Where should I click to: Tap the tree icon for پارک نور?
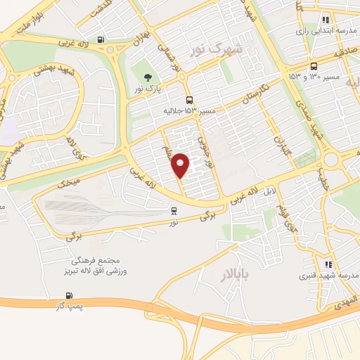pyautogui.click(x=148, y=77)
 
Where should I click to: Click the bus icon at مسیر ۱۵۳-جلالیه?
pyautogui.click(x=188, y=101)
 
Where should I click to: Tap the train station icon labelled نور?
pyautogui.click(x=174, y=210)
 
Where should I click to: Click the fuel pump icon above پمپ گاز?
pyautogui.click(x=68, y=294)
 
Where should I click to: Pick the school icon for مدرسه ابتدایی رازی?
pyautogui.click(x=325, y=20)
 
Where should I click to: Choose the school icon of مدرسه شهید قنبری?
pyautogui.click(x=328, y=264)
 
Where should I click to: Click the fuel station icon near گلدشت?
pyautogui.click(x=102, y=39)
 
